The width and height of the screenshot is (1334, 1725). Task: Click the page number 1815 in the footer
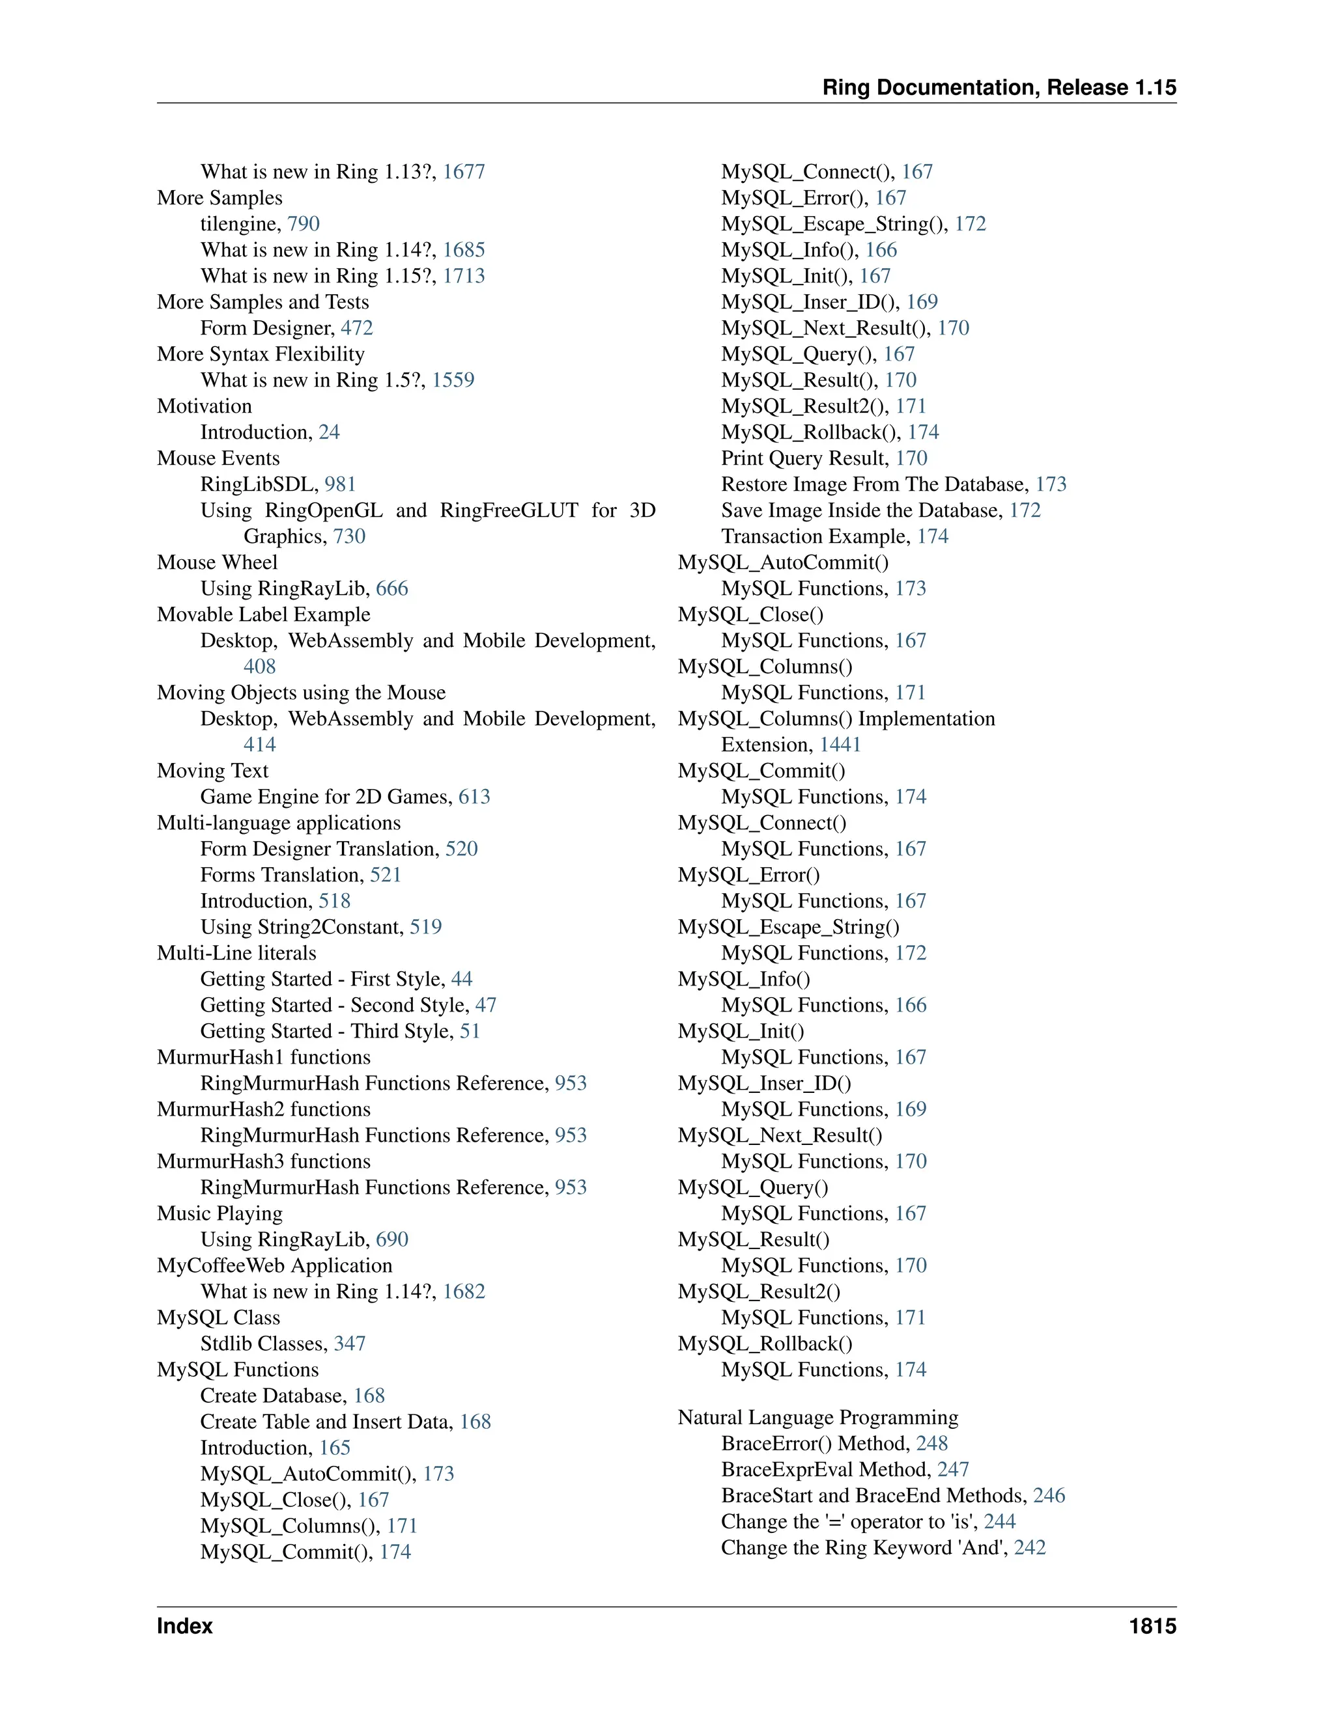1152,1626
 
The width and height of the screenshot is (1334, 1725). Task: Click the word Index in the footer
185,1626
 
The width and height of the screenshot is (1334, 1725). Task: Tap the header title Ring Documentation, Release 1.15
999,88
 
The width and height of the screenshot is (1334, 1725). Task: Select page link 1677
464,172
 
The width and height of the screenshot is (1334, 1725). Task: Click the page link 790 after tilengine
304,225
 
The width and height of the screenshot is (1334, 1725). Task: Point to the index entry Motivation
205,407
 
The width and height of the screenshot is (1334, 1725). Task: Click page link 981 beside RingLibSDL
341,484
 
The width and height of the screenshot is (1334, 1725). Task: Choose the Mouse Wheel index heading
218,562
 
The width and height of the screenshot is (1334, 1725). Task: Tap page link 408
260,667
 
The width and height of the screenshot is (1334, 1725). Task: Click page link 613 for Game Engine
474,797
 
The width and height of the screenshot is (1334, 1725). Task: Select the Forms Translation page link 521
386,875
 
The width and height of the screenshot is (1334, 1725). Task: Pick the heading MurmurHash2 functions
264,1110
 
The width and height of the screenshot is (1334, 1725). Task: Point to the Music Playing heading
220,1214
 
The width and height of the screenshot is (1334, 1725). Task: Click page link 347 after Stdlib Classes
349,1344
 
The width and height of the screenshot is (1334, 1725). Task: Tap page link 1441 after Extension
840,745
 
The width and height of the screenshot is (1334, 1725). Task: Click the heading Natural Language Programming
818,1418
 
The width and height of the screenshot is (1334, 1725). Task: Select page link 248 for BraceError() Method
931,1444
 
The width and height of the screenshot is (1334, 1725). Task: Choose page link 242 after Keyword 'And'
1030,1548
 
